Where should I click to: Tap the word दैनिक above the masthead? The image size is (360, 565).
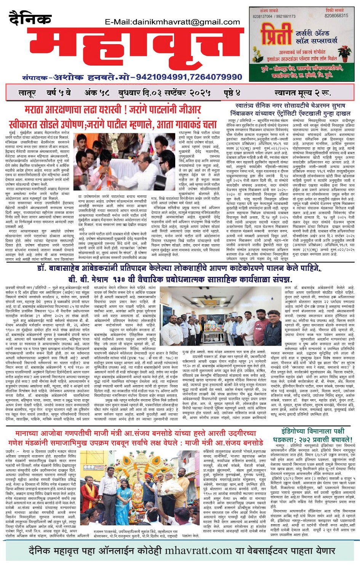click(30, 19)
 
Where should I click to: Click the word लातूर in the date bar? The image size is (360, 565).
click(27, 93)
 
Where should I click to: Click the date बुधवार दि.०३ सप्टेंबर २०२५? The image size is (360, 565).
click(165, 93)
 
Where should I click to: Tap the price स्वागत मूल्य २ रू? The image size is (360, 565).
click(302, 93)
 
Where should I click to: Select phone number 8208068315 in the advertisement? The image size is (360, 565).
click(336, 16)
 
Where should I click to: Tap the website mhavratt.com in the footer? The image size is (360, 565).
click(198, 550)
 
